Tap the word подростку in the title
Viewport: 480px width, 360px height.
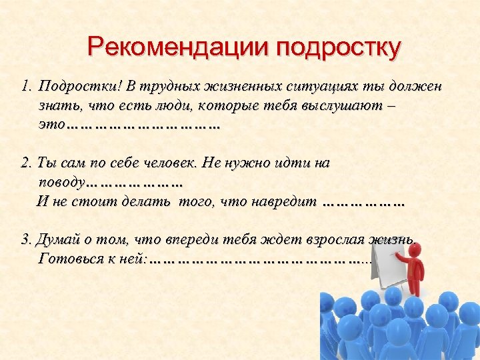pos(340,48)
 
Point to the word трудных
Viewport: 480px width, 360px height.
pos(166,87)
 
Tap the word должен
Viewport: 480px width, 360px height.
pos(418,87)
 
